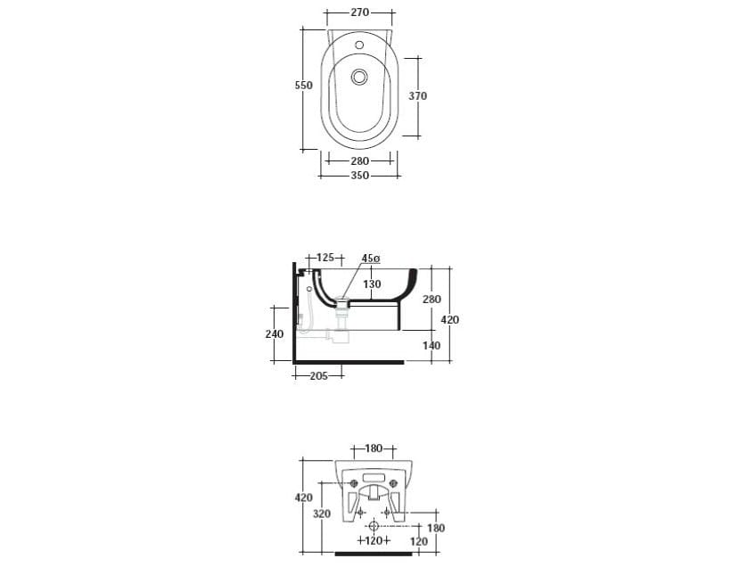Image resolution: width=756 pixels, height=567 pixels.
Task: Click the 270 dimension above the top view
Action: pyautogui.click(x=359, y=13)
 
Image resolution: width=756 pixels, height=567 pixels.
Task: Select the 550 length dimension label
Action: pyautogui.click(x=304, y=85)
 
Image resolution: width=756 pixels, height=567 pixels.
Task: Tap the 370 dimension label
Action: pyautogui.click(x=418, y=96)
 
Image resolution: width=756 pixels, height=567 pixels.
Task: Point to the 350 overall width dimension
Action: pyautogui.click(x=359, y=176)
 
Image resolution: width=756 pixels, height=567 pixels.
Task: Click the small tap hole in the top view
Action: pyautogui.click(x=359, y=44)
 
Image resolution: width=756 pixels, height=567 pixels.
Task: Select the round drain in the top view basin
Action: pyautogui.click(x=360, y=77)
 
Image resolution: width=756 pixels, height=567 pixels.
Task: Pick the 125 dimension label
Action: pyautogui.click(x=325, y=258)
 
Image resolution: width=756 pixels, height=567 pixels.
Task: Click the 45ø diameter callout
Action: pyautogui.click(x=371, y=259)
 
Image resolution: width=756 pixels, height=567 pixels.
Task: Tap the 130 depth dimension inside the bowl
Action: pyautogui.click(x=372, y=284)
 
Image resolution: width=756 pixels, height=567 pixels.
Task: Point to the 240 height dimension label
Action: pyautogui.click(x=275, y=334)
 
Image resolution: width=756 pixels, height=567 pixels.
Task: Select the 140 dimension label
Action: pyautogui.click(x=431, y=346)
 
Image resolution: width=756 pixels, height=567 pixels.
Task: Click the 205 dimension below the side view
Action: pyautogui.click(x=318, y=376)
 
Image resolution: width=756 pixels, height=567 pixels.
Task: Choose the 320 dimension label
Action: pyautogui.click(x=323, y=514)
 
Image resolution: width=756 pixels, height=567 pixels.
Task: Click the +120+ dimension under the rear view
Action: pyautogui.click(x=374, y=540)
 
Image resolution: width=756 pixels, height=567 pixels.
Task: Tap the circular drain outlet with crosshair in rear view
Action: pyautogui.click(x=374, y=526)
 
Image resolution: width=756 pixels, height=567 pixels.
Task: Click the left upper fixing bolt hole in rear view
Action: pyautogui.click(x=354, y=484)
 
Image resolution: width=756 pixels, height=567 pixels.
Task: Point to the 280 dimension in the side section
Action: pyautogui.click(x=431, y=300)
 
